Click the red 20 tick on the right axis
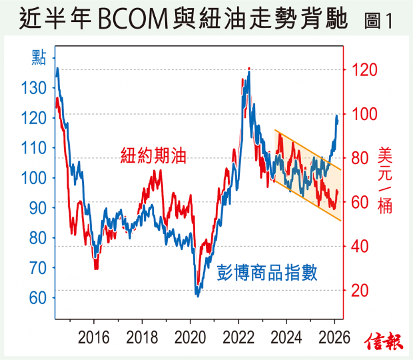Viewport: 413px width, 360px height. point(360,290)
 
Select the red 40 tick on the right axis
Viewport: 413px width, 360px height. point(360,246)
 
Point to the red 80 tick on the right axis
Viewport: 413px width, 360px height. point(360,158)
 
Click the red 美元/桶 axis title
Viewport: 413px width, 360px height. point(385,180)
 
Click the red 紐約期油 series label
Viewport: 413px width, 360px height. point(152,157)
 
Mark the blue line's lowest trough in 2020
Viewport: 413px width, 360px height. point(197,293)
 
